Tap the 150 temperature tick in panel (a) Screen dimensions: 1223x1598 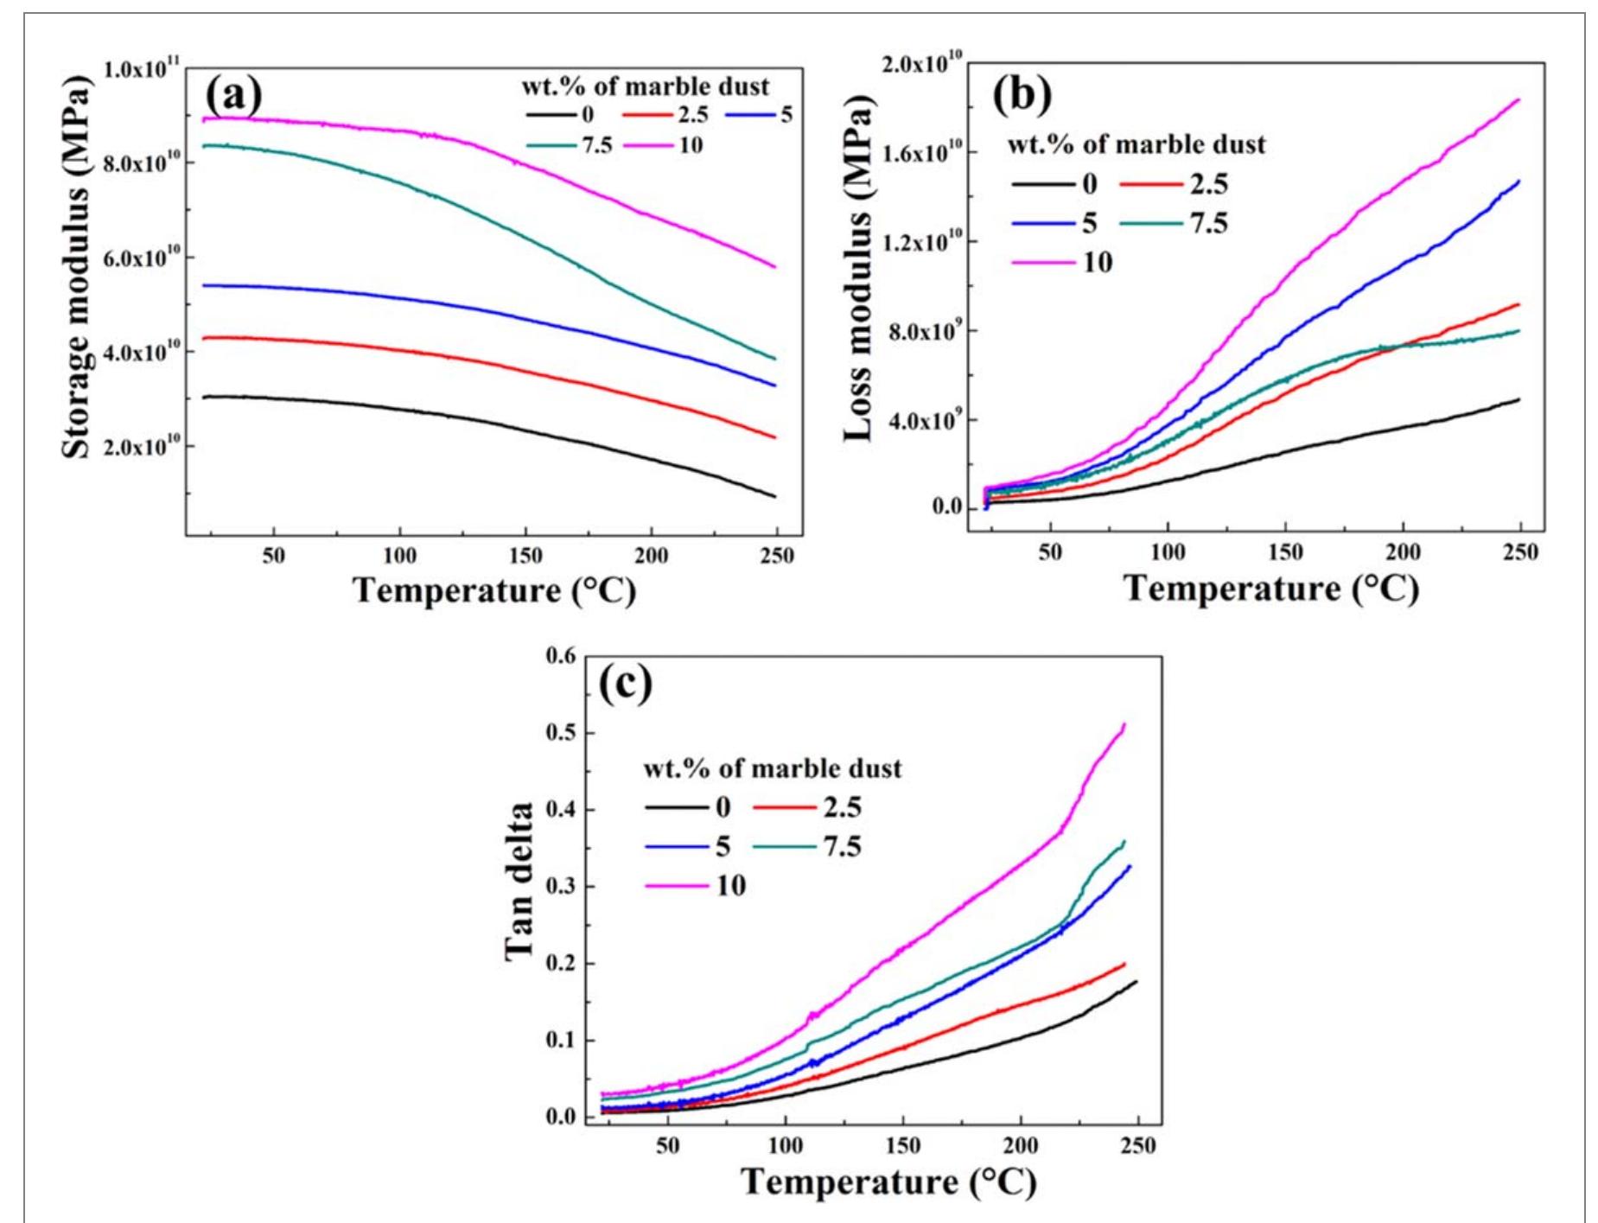(x=525, y=556)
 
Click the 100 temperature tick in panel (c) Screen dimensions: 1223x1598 (x=785, y=1146)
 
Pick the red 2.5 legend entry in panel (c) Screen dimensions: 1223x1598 (x=808, y=807)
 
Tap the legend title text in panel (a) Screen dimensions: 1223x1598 (x=645, y=87)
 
